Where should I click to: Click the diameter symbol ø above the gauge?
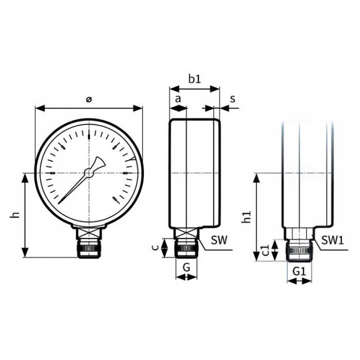tap(89, 100)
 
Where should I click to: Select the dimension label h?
tap(16, 214)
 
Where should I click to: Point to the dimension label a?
tap(178, 98)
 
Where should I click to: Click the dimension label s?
tap(232, 98)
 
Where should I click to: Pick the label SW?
tap(219, 240)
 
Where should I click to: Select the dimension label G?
tap(186, 267)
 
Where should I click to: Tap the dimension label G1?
tap(299, 271)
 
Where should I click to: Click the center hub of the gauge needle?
tap(89, 174)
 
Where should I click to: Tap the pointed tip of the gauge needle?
tap(59, 203)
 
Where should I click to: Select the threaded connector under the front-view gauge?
tap(89, 249)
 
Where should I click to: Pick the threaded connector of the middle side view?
tap(186, 249)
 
